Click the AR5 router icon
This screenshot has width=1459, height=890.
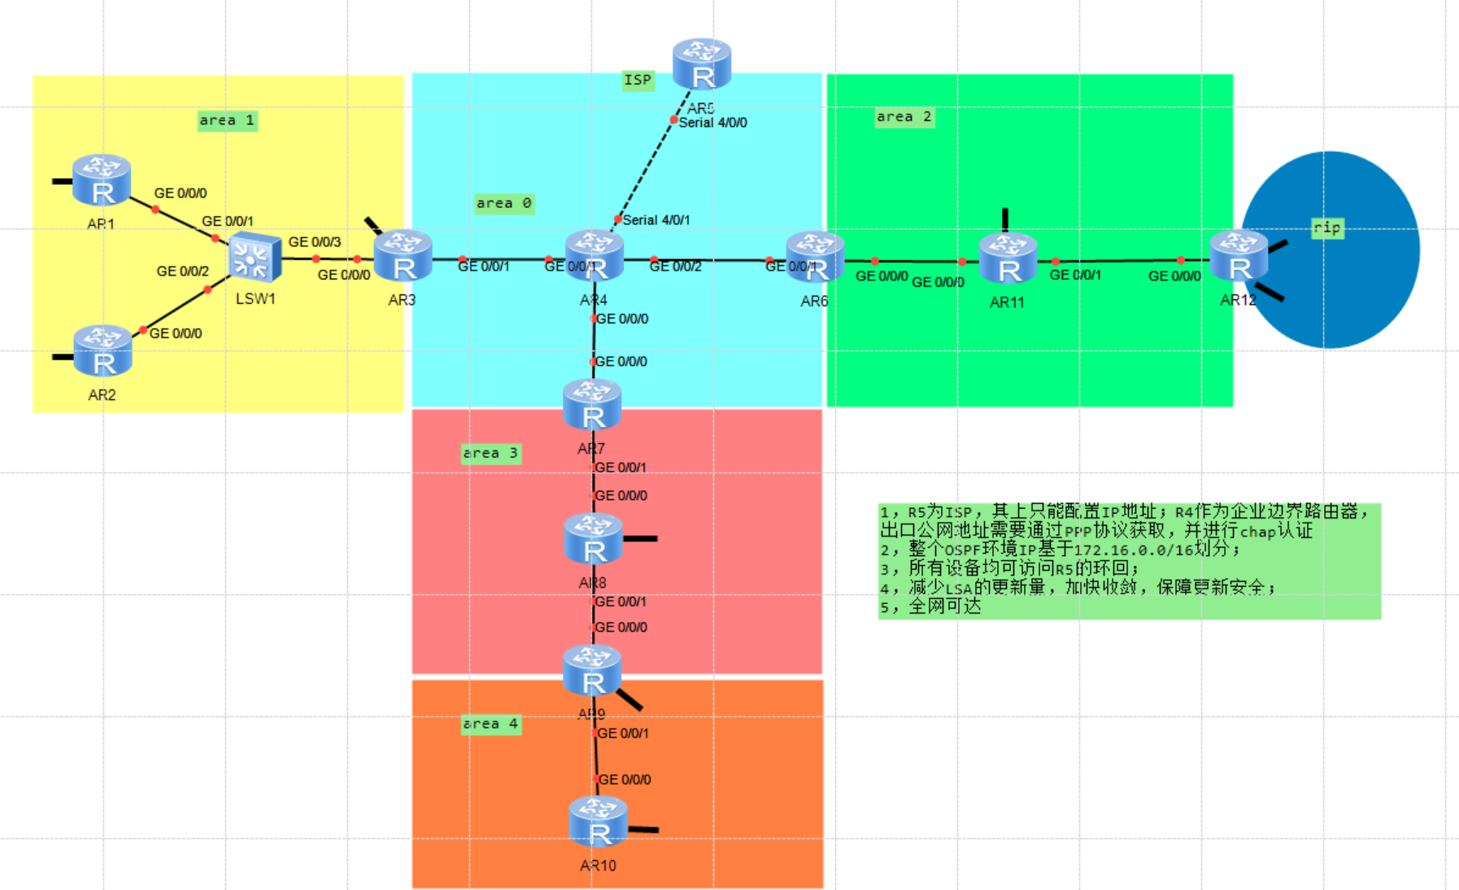pos(702,63)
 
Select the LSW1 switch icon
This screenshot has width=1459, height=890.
pos(255,257)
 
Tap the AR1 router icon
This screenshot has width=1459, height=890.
pos(102,180)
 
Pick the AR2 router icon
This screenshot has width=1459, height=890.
pos(102,350)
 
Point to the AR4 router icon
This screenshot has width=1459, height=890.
pos(594,255)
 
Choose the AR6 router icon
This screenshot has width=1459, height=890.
pos(815,257)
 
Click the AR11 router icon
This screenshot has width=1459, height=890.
pos(1008,258)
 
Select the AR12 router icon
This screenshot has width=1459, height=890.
pos(1239,256)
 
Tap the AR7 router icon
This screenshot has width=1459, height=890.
pos(592,404)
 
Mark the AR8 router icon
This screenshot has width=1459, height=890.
pos(593,539)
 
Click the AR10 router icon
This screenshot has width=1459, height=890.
pos(598,822)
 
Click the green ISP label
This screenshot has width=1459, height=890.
pos(638,80)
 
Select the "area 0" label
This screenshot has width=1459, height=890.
pos(504,203)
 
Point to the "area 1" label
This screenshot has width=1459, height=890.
pos(227,120)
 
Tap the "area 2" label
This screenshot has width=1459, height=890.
pos(904,117)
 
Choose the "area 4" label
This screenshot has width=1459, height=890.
pos(490,723)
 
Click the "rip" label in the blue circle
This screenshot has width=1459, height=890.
pos(1327,228)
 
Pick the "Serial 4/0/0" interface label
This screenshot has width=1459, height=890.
pos(712,123)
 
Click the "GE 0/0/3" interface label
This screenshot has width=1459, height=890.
pos(315,241)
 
